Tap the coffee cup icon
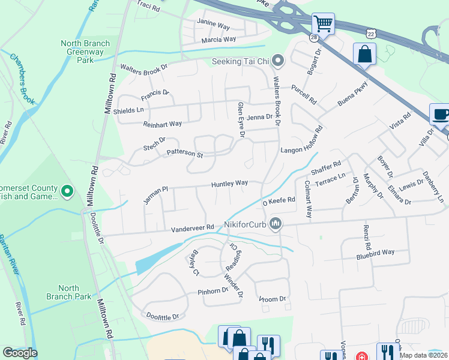[x=439, y=114]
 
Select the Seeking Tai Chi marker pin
[x=277, y=61]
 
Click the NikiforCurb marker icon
[x=276, y=224]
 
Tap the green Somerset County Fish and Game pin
[x=67, y=191]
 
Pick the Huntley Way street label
[x=229, y=183]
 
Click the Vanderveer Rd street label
[x=193, y=228]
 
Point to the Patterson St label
[x=185, y=154]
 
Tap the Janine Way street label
[x=214, y=26]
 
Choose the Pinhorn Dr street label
[x=213, y=291]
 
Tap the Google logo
[x=20, y=353]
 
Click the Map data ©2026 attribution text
[x=423, y=355]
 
